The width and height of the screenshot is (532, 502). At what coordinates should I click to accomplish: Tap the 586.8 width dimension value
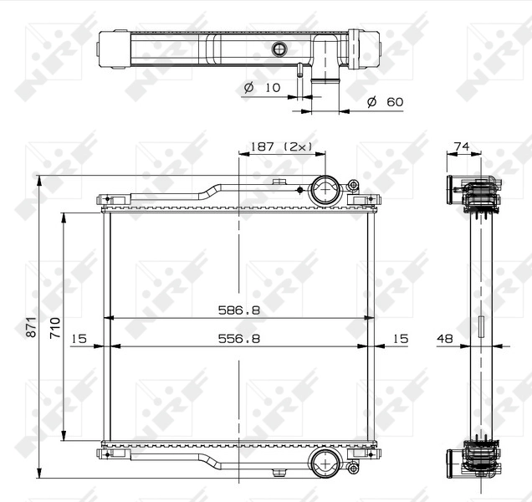pyautogui.click(x=240, y=310)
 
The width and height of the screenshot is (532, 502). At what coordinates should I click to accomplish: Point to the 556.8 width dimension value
pyautogui.click(x=240, y=338)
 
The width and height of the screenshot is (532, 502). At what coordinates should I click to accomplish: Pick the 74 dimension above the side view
pyautogui.click(x=461, y=146)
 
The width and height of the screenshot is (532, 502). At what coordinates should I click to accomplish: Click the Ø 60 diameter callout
pyautogui.click(x=385, y=102)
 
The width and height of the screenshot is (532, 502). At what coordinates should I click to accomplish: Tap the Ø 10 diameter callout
pyautogui.click(x=261, y=88)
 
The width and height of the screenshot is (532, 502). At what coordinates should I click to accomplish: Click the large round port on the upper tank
pyautogui.click(x=324, y=190)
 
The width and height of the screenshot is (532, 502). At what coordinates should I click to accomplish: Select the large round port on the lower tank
pyautogui.click(x=324, y=461)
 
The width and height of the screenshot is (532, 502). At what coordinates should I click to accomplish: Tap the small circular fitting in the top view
pyautogui.click(x=279, y=49)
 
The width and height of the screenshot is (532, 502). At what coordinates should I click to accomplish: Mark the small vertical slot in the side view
pyautogui.click(x=481, y=325)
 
